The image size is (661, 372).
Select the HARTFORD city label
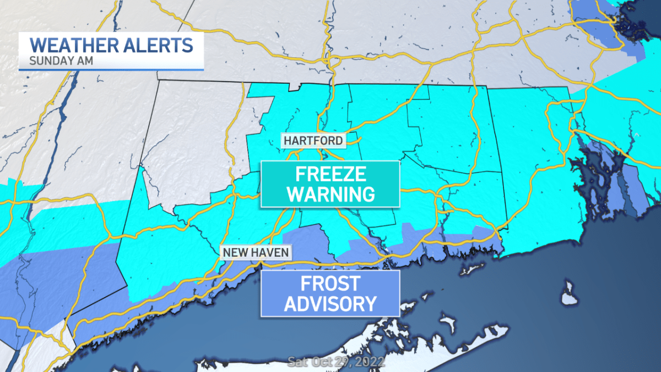click(313, 141)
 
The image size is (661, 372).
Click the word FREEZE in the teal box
click(330, 174)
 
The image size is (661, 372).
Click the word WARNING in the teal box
click(330, 194)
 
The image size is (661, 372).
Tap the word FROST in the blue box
click(329, 283)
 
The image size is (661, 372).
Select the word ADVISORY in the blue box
click(330, 303)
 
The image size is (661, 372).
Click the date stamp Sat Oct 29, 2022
click(336, 362)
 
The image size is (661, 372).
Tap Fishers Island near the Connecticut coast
click(469, 269)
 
